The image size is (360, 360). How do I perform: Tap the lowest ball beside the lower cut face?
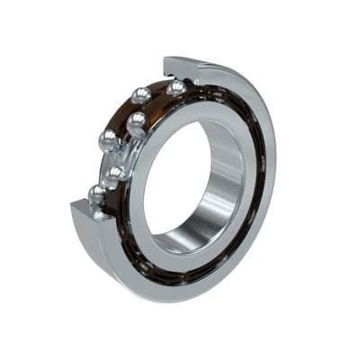pyautogui.click(x=96, y=193)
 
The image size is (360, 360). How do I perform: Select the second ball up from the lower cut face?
pyautogui.click(x=116, y=173)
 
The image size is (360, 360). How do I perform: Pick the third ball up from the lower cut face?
pyautogui.click(x=109, y=139)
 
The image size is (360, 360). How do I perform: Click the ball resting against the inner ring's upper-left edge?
pyautogui.click(x=137, y=121)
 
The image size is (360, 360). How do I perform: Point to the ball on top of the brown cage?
pyautogui.click(x=139, y=94)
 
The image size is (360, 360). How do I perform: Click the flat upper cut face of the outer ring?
pyautogui.click(x=180, y=67)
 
